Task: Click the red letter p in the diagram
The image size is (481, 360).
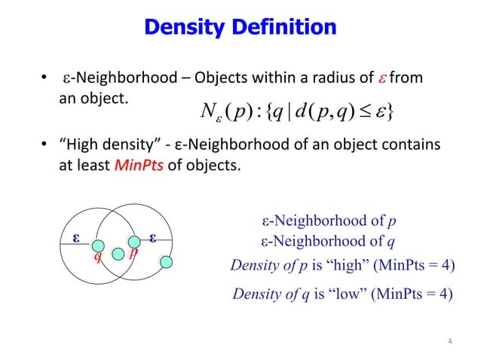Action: [133, 254]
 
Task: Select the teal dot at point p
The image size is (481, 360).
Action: [134, 241]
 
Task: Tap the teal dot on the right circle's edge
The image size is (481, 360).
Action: [168, 262]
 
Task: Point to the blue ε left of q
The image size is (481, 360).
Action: [75, 237]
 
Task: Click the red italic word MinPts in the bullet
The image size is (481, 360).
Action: [135, 166]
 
